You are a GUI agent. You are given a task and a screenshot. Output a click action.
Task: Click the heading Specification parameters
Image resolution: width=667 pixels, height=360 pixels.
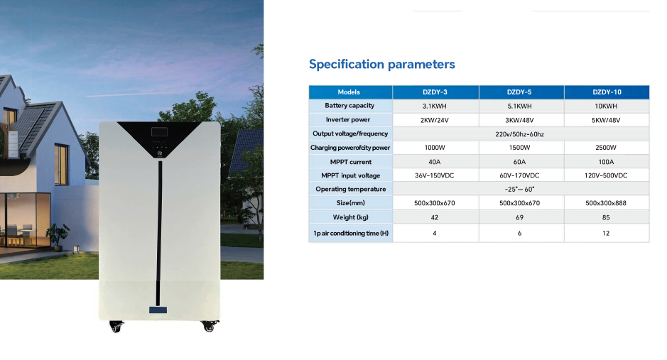click(381, 64)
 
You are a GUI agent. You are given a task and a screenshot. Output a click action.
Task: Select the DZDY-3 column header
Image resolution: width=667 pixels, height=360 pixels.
click(435, 92)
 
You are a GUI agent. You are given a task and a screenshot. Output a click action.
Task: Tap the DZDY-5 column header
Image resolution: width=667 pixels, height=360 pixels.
click(519, 92)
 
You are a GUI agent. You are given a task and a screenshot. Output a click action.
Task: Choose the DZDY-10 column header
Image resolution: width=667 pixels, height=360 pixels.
click(607, 92)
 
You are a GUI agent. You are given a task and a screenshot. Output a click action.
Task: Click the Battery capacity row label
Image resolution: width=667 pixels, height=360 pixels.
click(349, 105)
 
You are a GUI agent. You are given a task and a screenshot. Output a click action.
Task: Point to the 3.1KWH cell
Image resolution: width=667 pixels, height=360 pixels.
click(434, 107)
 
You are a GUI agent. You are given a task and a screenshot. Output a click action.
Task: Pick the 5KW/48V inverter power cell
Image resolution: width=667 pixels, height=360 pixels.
click(606, 120)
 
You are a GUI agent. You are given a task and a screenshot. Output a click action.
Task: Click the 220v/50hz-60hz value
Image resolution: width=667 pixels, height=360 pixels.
click(519, 134)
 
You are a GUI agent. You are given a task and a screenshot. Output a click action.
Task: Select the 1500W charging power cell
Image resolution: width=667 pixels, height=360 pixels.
click(519, 148)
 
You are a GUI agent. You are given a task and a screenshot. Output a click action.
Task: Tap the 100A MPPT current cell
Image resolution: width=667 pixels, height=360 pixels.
click(606, 162)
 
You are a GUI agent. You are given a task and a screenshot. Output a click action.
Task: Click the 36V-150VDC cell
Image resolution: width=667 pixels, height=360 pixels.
click(434, 175)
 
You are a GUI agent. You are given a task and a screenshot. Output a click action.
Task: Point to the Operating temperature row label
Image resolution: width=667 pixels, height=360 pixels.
click(350, 189)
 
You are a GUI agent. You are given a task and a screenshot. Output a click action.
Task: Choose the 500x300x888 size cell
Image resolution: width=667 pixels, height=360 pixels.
click(606, 203)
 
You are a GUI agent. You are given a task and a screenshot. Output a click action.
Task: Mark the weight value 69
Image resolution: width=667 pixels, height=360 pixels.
click(519, 217)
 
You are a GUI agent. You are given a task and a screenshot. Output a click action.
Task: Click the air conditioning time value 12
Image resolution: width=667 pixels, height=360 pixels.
click(606, 234)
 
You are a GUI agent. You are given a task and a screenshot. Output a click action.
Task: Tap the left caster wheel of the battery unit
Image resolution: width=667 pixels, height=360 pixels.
click(116, 326)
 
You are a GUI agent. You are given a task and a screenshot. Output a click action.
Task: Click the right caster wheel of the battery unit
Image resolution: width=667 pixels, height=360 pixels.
click(209, 326)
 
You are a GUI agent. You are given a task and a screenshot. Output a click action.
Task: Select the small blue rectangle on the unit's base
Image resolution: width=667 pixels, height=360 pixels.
click(158, 310)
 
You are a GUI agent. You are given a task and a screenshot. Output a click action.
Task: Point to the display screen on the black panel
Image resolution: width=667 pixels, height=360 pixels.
click(159, 132)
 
